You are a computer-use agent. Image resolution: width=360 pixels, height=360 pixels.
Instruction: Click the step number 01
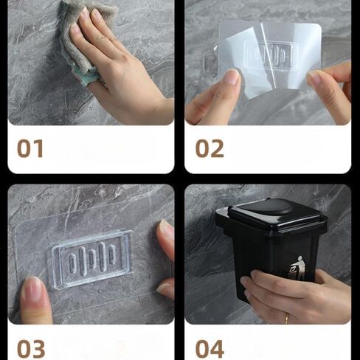point(30,148)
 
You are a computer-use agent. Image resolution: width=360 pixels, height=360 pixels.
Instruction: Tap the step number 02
point(210,148)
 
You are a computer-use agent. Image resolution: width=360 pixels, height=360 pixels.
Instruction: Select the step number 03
point(31,349)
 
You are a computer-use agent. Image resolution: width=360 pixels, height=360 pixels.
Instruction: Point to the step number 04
point(210,349)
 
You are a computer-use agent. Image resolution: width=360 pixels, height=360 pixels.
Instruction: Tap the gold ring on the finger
point(287,319)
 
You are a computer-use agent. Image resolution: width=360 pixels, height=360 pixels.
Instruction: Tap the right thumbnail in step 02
point(313,78)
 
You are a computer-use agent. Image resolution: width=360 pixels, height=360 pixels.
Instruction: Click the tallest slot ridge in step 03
point(103,257)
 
